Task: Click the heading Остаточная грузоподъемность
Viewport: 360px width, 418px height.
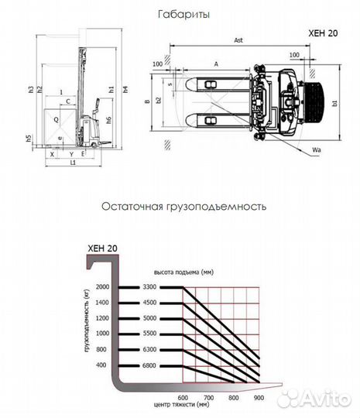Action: pyautogui.click(x=183, y=207)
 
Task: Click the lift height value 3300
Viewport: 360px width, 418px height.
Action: pyautogui.click(x=149, y=287)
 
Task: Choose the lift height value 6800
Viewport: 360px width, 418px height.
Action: pyautogui.click(x=149, y=364)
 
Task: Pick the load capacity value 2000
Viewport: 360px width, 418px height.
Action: pyautogui.click(x=103, y=287)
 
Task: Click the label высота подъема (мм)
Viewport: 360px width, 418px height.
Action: pyautogui.click(x=183, y=272)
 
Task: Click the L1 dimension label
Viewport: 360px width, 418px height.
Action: pyautogui.click(x=72, y=164)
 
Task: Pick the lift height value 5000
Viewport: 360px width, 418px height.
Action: pyautogui.click(x=149, y=317)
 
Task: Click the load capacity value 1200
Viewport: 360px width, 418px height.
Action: pyautogui.click(x=103, y=317)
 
